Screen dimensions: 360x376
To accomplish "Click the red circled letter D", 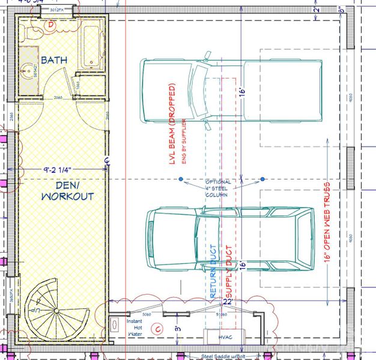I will pos(51,24).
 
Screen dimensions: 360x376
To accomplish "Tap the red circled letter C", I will pos(159,328).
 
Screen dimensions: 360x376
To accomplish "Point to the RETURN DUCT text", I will pos(213,271).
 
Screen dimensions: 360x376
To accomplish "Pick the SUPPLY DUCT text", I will pos(228,271).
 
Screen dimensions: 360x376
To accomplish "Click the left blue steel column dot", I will pos(180,179).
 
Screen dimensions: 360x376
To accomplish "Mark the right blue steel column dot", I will pos(262,179).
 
